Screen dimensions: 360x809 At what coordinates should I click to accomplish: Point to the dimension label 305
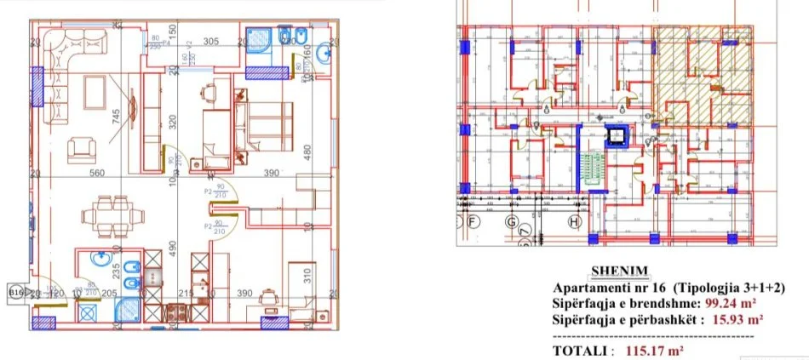click(211, 41)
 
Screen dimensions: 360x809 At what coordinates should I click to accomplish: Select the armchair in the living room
click(82, 151)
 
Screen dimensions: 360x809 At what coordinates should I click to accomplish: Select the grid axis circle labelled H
click(573, 223)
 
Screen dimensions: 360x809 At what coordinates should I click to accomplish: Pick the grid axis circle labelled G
click(512, 223)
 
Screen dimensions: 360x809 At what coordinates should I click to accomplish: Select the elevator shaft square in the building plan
click(614, 135)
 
